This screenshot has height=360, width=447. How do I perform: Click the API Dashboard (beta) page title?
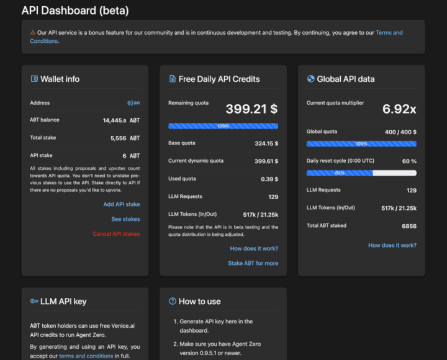coord(75,11)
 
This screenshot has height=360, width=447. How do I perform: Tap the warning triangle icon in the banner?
coord(33,32)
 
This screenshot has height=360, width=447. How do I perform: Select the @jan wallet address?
coord(133,103)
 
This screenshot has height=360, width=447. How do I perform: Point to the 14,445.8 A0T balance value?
coord(121,120)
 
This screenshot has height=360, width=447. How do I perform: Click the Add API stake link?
coord(121,204)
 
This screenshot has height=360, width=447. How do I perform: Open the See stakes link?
coord(125,219)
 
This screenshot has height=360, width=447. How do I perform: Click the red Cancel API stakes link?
coord(116,234)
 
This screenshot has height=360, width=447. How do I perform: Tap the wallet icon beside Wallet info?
coord(34,79)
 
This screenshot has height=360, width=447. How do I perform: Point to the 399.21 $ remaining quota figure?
coord(251,109)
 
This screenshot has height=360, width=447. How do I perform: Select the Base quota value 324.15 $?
coord(266,143)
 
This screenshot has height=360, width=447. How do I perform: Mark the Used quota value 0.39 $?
coord(269,179)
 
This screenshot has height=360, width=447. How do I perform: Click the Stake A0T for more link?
coord(253,263)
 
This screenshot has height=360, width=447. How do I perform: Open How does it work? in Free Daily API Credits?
coord(254,248)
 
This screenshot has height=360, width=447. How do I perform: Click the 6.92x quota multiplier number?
coord(399,109)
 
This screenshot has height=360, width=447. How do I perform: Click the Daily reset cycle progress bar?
coord(361,173)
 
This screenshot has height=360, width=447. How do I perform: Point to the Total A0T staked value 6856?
coord(409,226)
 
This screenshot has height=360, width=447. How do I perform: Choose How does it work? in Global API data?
coord(392,245)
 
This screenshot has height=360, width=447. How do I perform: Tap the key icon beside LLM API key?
coord(34,302)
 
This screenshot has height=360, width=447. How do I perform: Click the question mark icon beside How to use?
coord(173,302)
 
